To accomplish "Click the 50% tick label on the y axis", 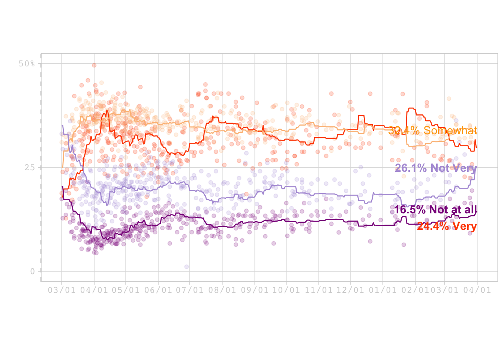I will coord(27,64).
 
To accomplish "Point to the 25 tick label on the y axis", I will coord(29,168).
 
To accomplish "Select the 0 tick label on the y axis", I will coord(32,271).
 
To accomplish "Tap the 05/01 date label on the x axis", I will coord(126,290).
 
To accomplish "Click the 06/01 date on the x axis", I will coord(158,290).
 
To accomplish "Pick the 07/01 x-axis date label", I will coord(190,290).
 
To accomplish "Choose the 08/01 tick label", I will coord(222,290).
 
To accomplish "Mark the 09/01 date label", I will coord(255,290).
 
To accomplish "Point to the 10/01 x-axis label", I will coord(286,290).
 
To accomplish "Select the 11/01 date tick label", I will coord(319,290).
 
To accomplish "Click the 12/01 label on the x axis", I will coord(350,290).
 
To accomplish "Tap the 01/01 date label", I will coord(383,290).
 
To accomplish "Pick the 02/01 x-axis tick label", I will coord(414,290).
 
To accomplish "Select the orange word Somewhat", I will coord(450,130).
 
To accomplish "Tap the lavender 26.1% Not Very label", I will coord(436,168).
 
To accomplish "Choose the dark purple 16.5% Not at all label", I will coord(435,210).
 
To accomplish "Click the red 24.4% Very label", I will coord(446,226).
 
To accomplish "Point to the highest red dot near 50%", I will coord(94,65).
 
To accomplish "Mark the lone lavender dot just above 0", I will coord(186,267).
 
